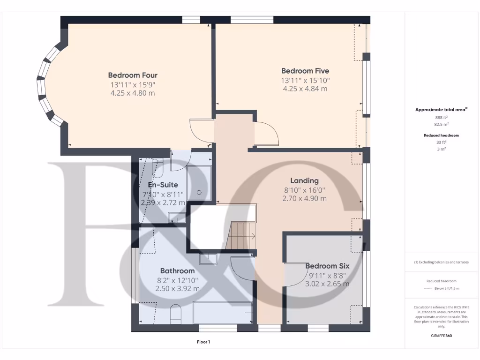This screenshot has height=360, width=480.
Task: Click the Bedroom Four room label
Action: [133, 75]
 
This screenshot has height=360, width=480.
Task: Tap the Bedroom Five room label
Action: [305, 71]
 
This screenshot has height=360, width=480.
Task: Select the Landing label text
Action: [304, 180]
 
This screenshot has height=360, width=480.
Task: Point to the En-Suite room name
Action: [163, 185]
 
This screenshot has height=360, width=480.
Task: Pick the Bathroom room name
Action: [177, 271]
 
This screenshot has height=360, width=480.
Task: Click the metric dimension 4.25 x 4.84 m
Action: [305, 89]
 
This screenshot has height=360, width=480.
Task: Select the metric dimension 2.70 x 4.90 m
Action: [304, 198]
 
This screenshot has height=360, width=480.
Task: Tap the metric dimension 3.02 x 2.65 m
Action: [327, 284]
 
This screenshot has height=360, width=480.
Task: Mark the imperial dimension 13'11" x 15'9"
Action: [133, 84]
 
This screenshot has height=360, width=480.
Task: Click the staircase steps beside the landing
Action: [240, 236]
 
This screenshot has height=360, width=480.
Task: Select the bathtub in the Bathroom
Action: [222, 313]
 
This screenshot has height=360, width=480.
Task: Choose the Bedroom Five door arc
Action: [266, 134]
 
